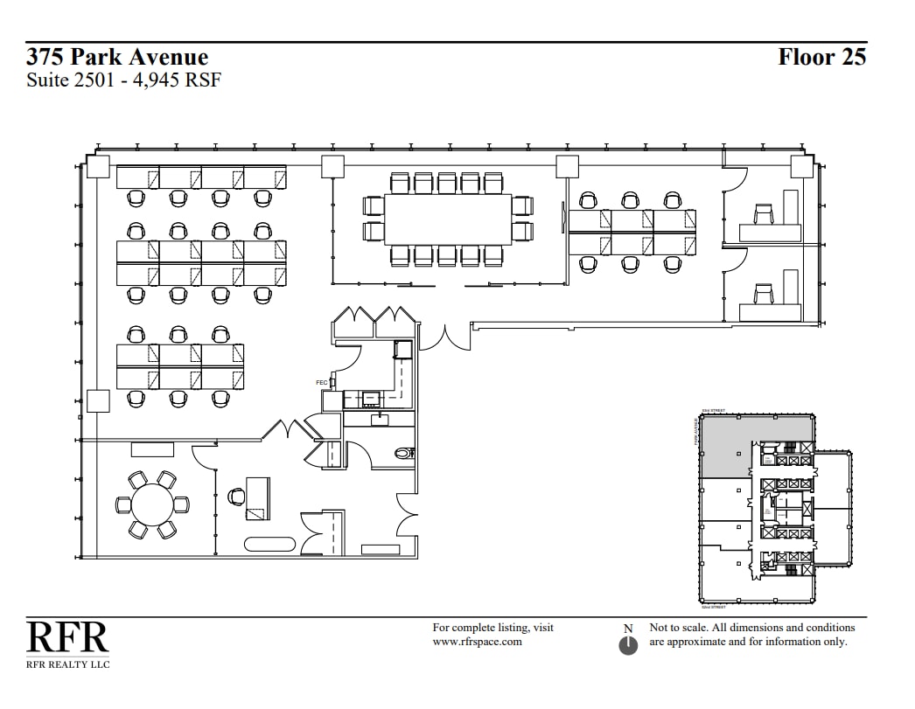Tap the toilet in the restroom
[x=403, y=454]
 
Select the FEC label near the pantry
[x=321, y=383]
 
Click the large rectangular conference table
[x=447, y=219]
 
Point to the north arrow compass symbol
[x=628, y=645]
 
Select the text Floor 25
[x=821, y=58]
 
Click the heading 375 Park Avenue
[x=117, y=58]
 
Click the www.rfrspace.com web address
[x=477, y=642]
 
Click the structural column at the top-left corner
[x=98, y=167]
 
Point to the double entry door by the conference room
[x=445, y=337]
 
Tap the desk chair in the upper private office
[x=763, y=213]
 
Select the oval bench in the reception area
[x=269, y=544]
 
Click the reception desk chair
[x=236, y=497]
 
